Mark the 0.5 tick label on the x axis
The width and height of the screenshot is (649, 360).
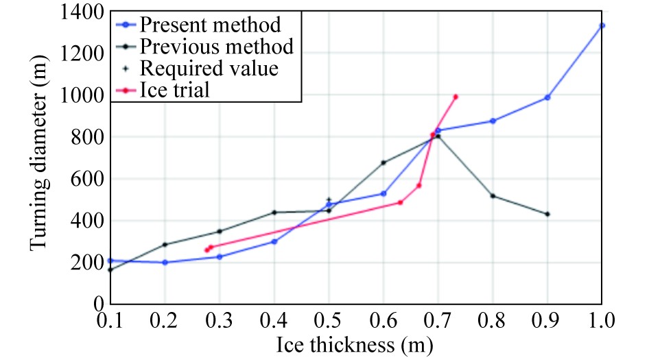[x=329, y=320]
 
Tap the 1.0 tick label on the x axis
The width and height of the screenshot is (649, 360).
[x=602, y=320]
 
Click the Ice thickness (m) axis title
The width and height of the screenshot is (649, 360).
[x=355, y=345]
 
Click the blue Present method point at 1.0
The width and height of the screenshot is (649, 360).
[x=602, y=25]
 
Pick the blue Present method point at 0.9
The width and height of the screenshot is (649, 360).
[x=547, y=97]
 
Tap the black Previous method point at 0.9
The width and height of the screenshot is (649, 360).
[x=547, y=214]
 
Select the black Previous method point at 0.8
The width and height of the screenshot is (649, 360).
[x=493, y=196]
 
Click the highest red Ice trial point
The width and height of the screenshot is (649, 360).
[x=456, y=97]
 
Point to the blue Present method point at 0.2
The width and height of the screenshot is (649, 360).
[x=165, y=262]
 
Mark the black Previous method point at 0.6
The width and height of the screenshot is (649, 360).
[x=383, y=163]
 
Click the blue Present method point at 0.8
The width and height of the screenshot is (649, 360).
[x=493, y=121]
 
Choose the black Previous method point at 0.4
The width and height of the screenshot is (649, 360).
[x=274, y=213]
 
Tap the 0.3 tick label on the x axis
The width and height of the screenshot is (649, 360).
[x=220, y=320]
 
